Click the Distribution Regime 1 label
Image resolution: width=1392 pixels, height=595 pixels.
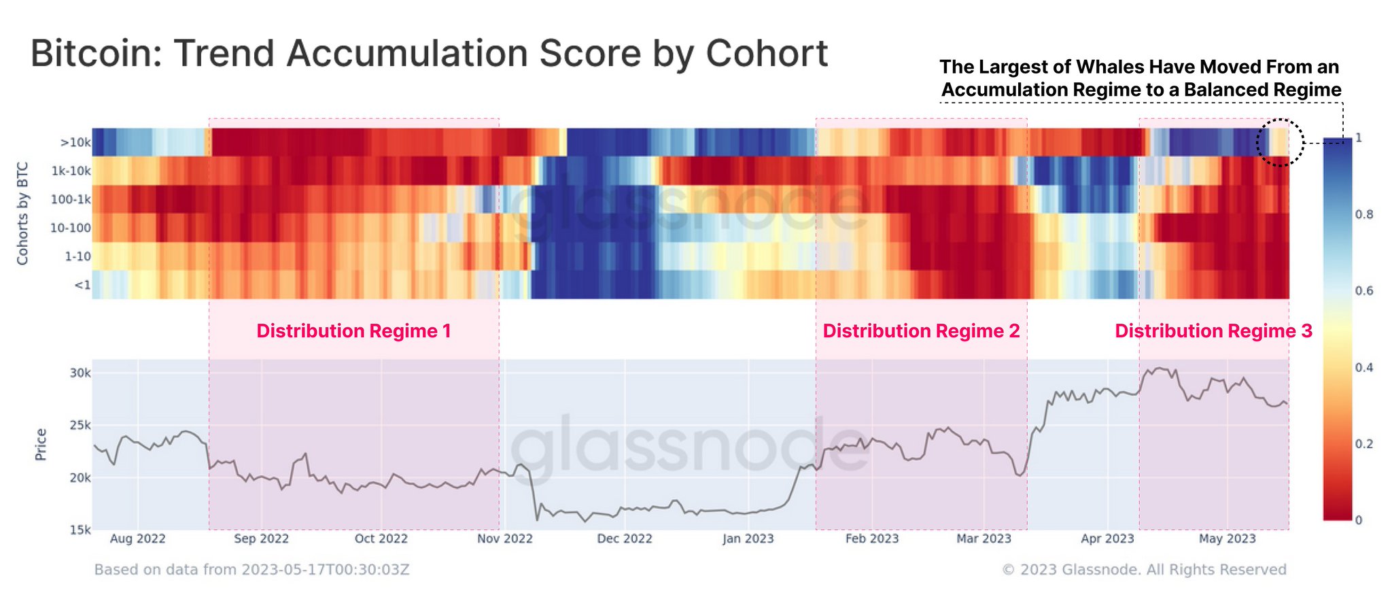point(353,331)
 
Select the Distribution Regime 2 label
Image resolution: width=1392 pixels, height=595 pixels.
point(921,331)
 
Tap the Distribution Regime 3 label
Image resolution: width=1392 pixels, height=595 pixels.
point(1213,331)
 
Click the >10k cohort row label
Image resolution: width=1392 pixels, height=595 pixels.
point(75,142)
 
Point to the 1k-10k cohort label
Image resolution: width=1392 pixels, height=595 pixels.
point(71,171)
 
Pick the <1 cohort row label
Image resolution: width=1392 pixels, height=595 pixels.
point(82,285)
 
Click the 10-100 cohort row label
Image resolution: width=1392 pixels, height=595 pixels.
point(70,228)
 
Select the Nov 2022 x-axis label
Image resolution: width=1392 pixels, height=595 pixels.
point(504,539)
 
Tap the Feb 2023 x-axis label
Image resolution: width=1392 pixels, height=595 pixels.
point(871,539)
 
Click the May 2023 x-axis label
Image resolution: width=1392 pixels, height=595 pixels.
point(1227,539)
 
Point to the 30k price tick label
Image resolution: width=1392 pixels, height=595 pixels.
point(80,373)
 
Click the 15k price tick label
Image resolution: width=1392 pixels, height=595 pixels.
point(80,530)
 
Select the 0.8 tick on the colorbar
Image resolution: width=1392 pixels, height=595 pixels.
point(1363,214)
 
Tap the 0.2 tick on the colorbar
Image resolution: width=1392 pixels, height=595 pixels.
point(1363,444)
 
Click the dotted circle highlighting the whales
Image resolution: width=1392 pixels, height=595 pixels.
point(1280,143)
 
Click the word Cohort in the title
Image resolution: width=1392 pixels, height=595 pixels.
point(767,53)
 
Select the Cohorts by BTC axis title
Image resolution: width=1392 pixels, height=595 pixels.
point(22,214)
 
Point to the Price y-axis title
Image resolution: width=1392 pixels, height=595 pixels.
point(41,444)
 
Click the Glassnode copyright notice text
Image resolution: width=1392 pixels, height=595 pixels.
point(1144,570)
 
